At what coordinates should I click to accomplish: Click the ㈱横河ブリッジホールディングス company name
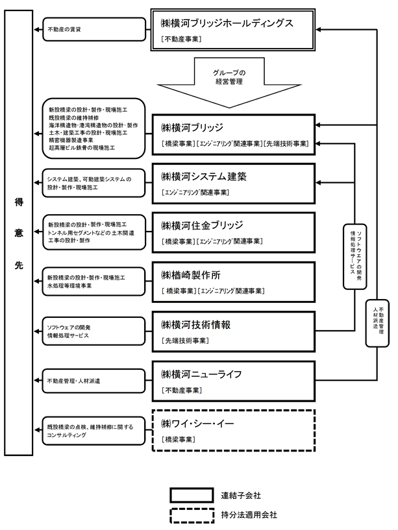point(227,23)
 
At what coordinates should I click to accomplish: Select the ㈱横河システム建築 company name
point(204,176)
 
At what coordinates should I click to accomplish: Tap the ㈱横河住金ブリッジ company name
point(202,226)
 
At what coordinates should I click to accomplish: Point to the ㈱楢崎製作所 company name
point(190,275)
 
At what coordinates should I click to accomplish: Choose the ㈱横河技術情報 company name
point(195,325)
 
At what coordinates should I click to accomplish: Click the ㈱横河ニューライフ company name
point(201,374)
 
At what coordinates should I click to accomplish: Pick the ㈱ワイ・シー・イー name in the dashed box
point(197,424)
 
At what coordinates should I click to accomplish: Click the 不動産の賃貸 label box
point(94,30)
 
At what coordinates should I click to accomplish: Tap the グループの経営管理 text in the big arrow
point(229,77)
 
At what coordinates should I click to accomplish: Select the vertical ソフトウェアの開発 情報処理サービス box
point(354,256)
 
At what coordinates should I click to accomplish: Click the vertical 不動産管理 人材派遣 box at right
point(377,323)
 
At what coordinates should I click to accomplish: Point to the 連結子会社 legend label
point(241,496)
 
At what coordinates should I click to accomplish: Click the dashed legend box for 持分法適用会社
point(192,516)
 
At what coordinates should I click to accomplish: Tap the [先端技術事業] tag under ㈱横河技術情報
point(185,341)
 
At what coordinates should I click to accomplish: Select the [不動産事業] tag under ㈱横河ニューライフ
point(182,390)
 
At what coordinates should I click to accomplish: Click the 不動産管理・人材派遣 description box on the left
point(93,381)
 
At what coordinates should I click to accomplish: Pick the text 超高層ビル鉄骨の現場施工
point(82,148)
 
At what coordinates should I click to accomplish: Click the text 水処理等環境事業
point(69,286)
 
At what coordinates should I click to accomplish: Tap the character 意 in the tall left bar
point(19,233)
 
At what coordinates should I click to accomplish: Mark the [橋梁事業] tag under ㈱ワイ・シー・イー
point(179,439)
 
